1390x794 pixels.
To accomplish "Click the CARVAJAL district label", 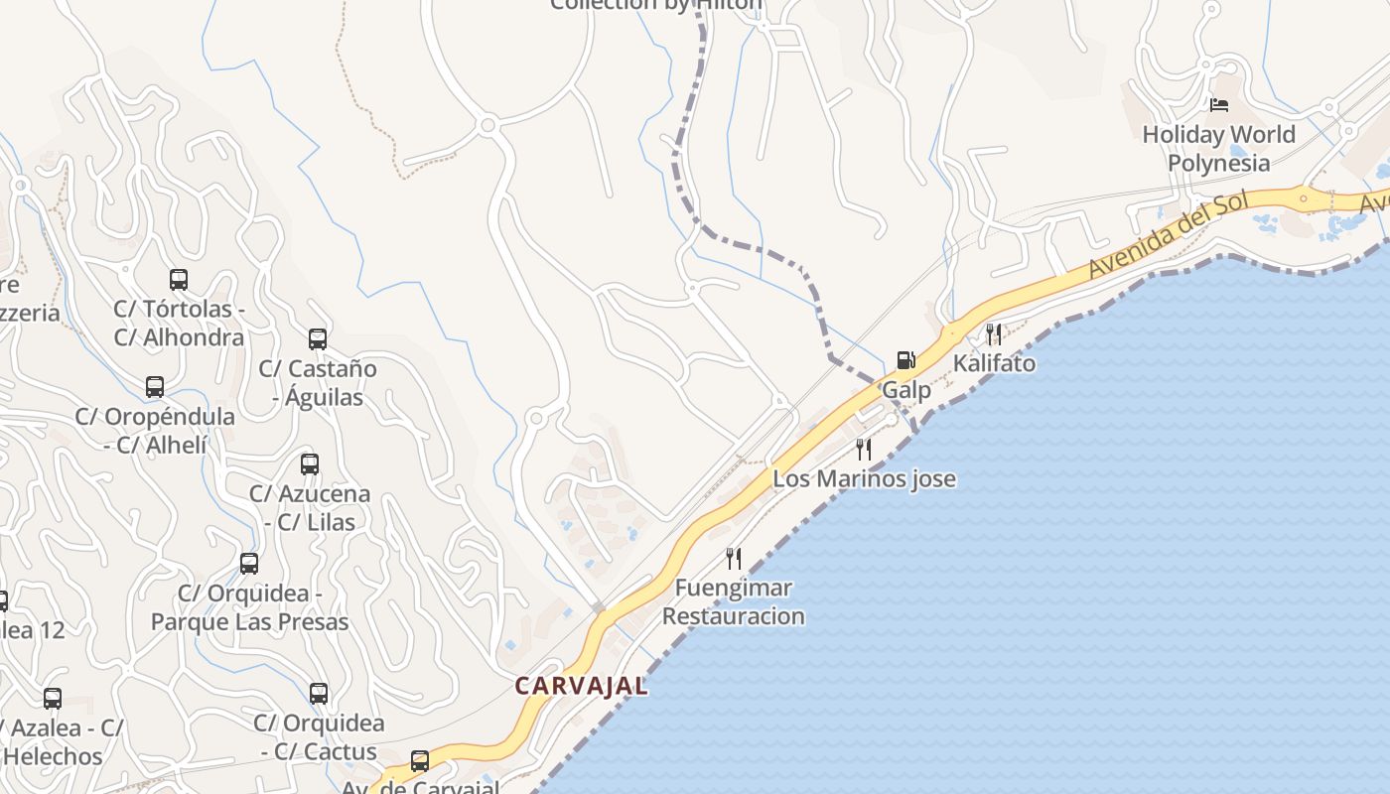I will tap(581, 686).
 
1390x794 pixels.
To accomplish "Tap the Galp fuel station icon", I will tap(905, 360).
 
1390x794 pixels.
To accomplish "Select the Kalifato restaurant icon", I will tap(993, 333).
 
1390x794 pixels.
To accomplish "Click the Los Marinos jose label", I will tap(864, 478).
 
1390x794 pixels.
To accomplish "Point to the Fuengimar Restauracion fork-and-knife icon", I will tap(734, 558).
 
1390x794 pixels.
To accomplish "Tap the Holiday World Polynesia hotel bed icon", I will tap(1219, 105).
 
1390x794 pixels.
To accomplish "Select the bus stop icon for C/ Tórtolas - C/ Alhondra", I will tap(179, 280).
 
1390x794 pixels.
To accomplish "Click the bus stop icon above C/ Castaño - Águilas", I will tap(318, 339).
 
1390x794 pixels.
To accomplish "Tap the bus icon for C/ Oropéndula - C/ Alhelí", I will tap(155, 387).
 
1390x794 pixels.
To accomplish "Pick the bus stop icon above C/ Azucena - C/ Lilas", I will tap(310, 463).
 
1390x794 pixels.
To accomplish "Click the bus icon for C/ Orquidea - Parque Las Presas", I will tap(249, 564).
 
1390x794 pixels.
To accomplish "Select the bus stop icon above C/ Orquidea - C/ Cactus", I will tap(318, 694).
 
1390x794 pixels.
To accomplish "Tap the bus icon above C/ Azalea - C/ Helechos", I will tap(53, 699).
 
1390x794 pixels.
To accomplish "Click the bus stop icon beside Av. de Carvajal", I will tap(420, 761).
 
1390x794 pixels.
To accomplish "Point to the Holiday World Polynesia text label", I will tap(1218, 148).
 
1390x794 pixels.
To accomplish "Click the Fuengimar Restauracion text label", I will tap(733, 601).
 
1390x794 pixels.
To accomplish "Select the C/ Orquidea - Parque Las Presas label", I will tap(249, 607).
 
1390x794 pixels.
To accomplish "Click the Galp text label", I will tap(906, 389).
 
